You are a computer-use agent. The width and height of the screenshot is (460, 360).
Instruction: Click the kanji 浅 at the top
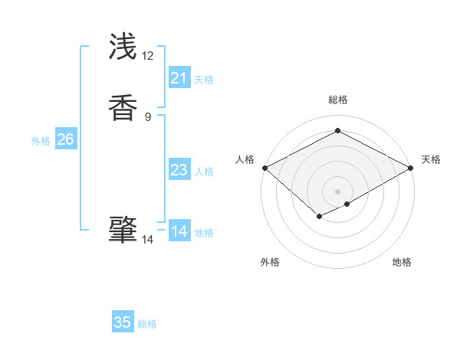tap(123, 47)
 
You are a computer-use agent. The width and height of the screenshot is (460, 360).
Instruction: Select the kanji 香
tap(123, 107)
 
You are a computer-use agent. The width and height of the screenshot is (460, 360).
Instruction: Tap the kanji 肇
tap(123, 230)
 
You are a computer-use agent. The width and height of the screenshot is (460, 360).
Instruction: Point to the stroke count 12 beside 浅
tap(148, 56)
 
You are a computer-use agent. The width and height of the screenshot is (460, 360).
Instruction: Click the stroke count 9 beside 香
tap(148, 117)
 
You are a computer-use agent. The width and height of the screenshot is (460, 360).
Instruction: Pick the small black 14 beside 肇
tap(148, 240)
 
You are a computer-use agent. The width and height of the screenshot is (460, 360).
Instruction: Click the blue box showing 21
tap(179, 78)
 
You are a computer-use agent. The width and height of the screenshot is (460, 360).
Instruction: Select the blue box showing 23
tap(179, 170)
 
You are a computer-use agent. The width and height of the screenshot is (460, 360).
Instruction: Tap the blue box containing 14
tap(179, 231)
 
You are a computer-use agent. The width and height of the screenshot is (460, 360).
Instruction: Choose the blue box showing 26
tap(65, 139)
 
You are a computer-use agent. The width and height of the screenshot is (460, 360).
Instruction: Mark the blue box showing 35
tap(123, 322)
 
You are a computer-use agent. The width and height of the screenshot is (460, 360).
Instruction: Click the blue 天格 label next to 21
tap(204, 80)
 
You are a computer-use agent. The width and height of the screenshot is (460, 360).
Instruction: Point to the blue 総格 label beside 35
tap(147, 324)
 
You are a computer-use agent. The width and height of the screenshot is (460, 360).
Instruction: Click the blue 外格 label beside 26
tap(41, 141)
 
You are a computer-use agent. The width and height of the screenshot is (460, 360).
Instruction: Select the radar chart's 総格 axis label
tap(338, 100)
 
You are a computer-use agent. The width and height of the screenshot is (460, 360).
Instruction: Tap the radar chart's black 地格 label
tap(402, 262)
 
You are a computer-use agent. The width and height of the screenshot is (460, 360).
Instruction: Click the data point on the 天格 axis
tap(412, 168)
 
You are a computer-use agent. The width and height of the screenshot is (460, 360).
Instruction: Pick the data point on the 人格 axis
tap(264, 168)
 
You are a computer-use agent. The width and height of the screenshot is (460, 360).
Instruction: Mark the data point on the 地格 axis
tap(347, 204)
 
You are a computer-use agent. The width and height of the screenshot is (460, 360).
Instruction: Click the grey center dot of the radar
tap(338, 191)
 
